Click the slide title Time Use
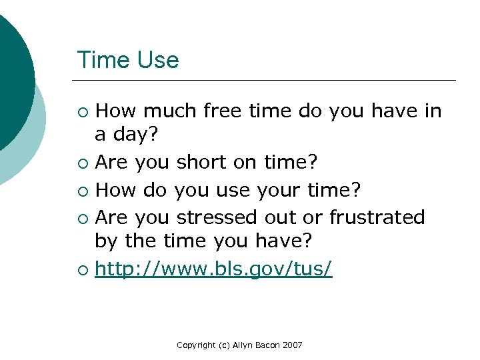(128, 60)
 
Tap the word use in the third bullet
(240, 191)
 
